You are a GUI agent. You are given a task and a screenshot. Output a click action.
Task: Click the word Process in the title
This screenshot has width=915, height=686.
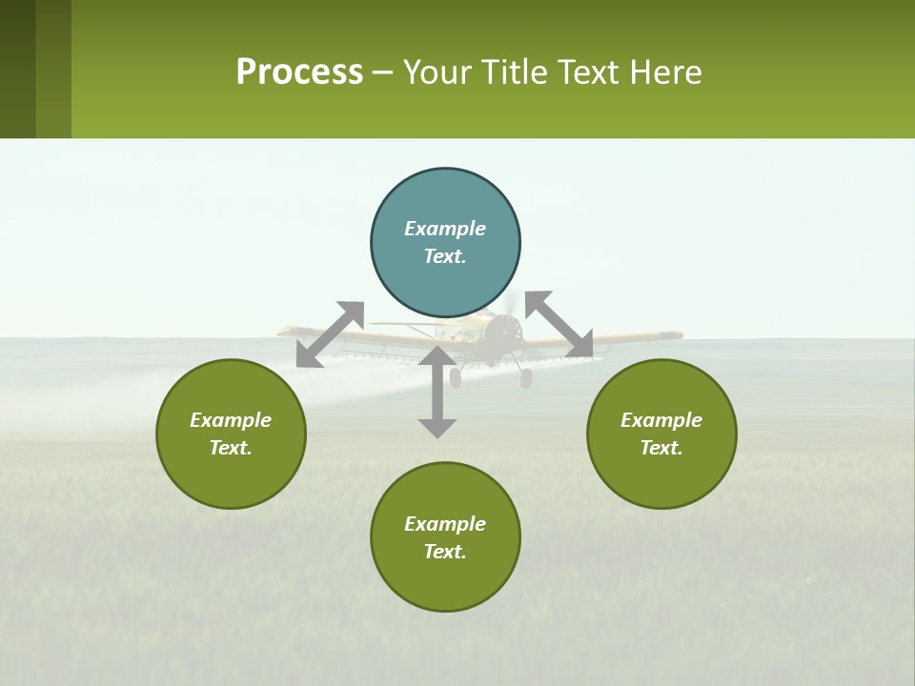299,72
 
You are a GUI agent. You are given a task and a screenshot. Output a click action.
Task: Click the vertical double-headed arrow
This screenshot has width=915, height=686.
437,392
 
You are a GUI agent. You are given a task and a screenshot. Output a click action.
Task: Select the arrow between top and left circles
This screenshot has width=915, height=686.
330,334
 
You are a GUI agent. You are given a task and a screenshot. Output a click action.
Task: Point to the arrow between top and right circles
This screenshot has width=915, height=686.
559,325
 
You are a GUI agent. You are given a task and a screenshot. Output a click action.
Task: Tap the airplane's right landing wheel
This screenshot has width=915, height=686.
525,379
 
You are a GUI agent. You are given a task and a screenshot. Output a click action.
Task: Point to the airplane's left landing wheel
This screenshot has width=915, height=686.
455,378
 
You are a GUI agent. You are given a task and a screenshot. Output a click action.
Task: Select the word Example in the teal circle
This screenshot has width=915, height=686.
445,229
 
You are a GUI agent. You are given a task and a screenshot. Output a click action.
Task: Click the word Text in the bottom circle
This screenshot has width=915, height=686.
445,552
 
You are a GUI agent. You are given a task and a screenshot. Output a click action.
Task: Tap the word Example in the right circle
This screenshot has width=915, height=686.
661,420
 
